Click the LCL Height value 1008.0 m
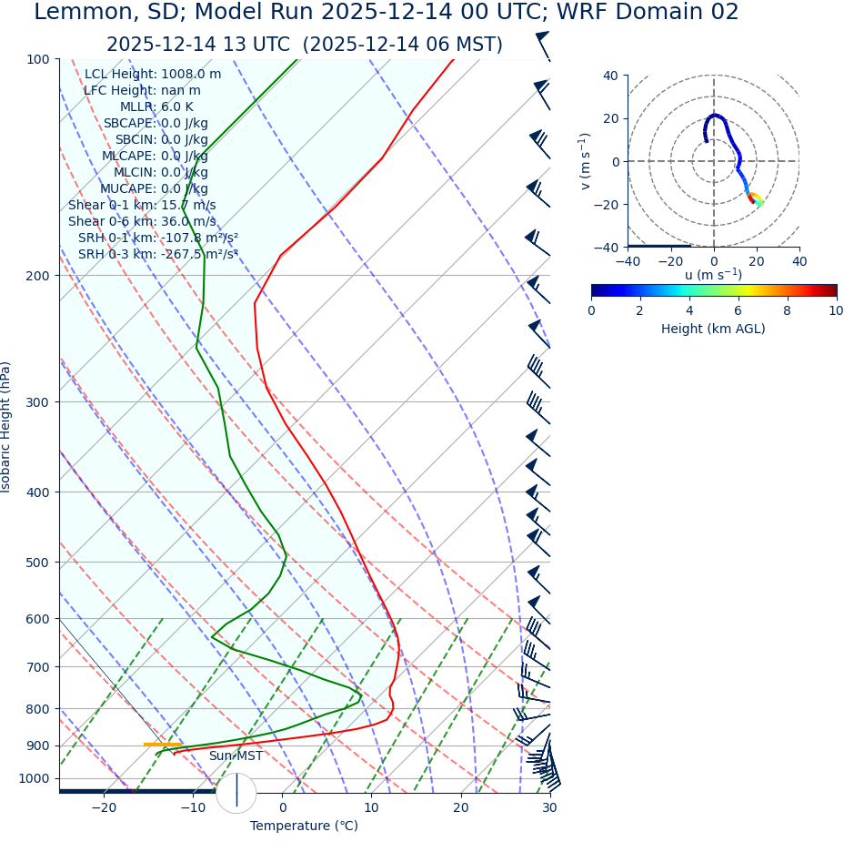[191, 74]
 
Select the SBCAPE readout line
[156, 123]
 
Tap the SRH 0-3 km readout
[158, 254]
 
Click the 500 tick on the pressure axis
[37, 563]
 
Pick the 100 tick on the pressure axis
[37, 59]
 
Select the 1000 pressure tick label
[34, 778]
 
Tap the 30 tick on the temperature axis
[549, 807]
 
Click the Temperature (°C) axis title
[304, 826]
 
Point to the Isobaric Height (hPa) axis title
[6, 427]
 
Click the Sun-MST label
[236, 756]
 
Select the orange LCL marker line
[163, 745]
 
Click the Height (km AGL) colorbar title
[713, 329]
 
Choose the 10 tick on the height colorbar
[836, 310]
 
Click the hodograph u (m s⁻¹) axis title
[713, 275]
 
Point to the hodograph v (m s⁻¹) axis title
[586, 161]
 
